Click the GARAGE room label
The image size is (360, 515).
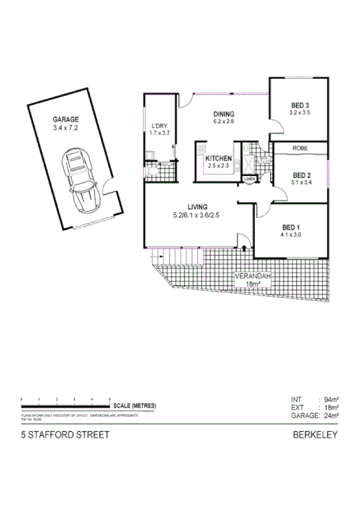point(66,119)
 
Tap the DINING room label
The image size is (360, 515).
point(223,115)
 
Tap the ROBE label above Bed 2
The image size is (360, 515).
point(300,148)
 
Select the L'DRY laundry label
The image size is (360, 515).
point(159,126)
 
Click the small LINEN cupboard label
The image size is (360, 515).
point(249,180)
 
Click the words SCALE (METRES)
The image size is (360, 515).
point(133,405)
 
